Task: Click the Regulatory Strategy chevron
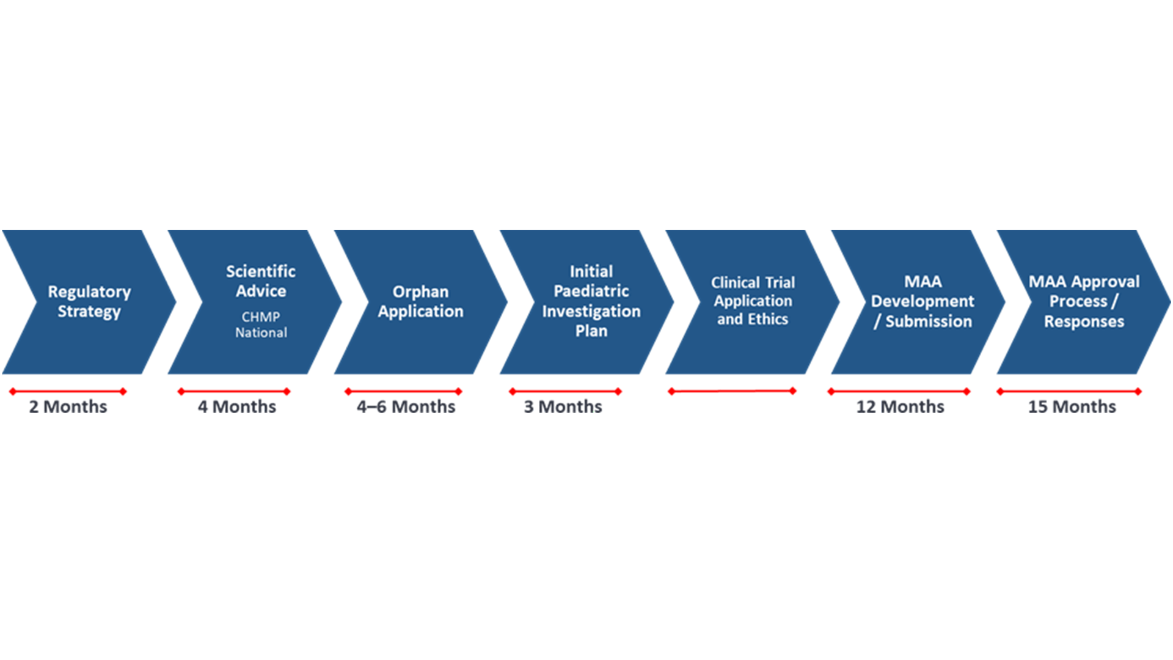tap(89, 302)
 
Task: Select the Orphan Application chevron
tap(421, 302)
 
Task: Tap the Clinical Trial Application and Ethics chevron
tap(753, 302)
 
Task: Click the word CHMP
tap(261, 317)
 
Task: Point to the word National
tap(261, 332)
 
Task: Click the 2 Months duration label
tap(68, 407)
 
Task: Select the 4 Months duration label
tap(237, 407)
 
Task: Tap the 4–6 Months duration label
tap(406, 407)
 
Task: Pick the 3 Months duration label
tap(563, 407)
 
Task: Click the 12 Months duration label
tap(900, 407)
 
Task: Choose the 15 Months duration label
tap(1072, 407)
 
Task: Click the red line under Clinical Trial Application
tap(732, 391)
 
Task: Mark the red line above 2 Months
tap(68, 391)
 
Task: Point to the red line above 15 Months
tap(1069, 391)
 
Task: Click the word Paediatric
tap(591, 291)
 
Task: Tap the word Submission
tap(929, 321)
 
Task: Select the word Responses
tap(1084, 322)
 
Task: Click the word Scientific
tap(261, 271)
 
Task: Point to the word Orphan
tap(420, 292)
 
